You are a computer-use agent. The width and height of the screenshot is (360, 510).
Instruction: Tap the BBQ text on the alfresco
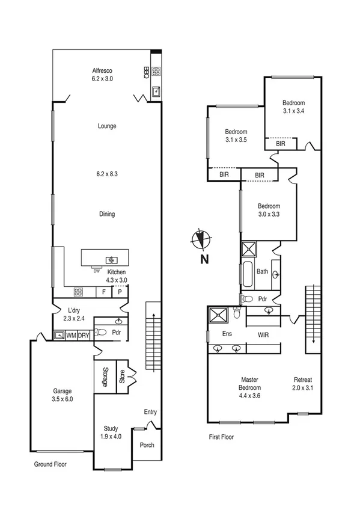pyautogui.click(x=146, y=72)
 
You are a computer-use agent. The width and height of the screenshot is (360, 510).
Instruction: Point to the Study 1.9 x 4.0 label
pyautogui.click(x=110, y=432)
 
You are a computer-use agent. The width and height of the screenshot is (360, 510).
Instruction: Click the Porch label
pyautogui.click(x=147, y=445)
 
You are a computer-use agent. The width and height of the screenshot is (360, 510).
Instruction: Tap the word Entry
pyautogui.click(x=150, y=412)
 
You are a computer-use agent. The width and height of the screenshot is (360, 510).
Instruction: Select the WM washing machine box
pyautogui.click(x=71, y=336)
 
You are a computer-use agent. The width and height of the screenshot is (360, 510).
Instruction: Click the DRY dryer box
pyautogui.click(x=83, y=336)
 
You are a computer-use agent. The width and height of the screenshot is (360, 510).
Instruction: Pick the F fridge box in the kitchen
pyautogui.click(x=104, y=292)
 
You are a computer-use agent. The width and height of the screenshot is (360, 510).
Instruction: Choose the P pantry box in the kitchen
pyautogui.click(x=120, y=292)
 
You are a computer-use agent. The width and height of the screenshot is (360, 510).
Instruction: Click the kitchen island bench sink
pyautogui.click(x=111, y=260)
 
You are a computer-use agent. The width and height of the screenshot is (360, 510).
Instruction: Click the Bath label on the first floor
pyautogui.click(x=263, y=271)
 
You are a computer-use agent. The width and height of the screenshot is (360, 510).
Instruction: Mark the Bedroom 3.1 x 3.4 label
pyautogui.click(x=294, y=106)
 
